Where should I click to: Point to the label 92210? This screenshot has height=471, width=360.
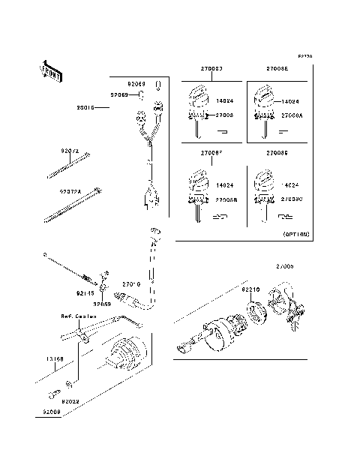pyautogui.click(x=250, y=288)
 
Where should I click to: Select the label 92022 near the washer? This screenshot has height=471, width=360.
pyautogui.click(x=70, y=401)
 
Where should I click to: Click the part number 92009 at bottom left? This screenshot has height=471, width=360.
pyautogui.click(x=52, y=412)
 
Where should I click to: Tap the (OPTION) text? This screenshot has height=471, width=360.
pyautogui.click(x=295, y=234)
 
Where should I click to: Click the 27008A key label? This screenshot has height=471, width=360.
pyautogui.click(x=292, y=116)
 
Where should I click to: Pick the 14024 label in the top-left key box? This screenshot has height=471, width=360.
pyautogui.click(x=225, y=100)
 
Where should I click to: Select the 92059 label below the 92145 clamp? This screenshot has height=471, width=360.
pyautogui.click(x=103, y=304)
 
